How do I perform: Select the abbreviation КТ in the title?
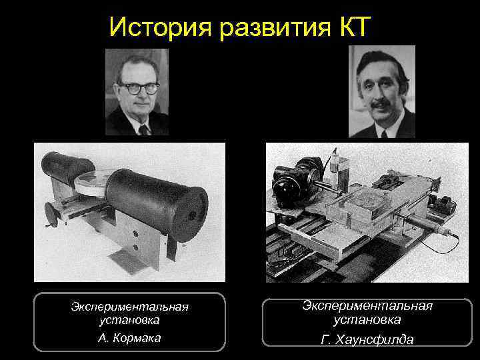coord(353,27)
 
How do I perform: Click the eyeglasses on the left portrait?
coord(138,87)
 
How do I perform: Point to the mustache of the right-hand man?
coord(380,105)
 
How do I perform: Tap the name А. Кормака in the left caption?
coord(129,338)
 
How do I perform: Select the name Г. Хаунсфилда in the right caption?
coord(367,340)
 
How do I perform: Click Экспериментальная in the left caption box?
coord(129,307)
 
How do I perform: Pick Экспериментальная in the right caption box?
coord(367,305)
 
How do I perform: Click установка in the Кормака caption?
coord(129,321)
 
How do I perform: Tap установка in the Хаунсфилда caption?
coord(367,319)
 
